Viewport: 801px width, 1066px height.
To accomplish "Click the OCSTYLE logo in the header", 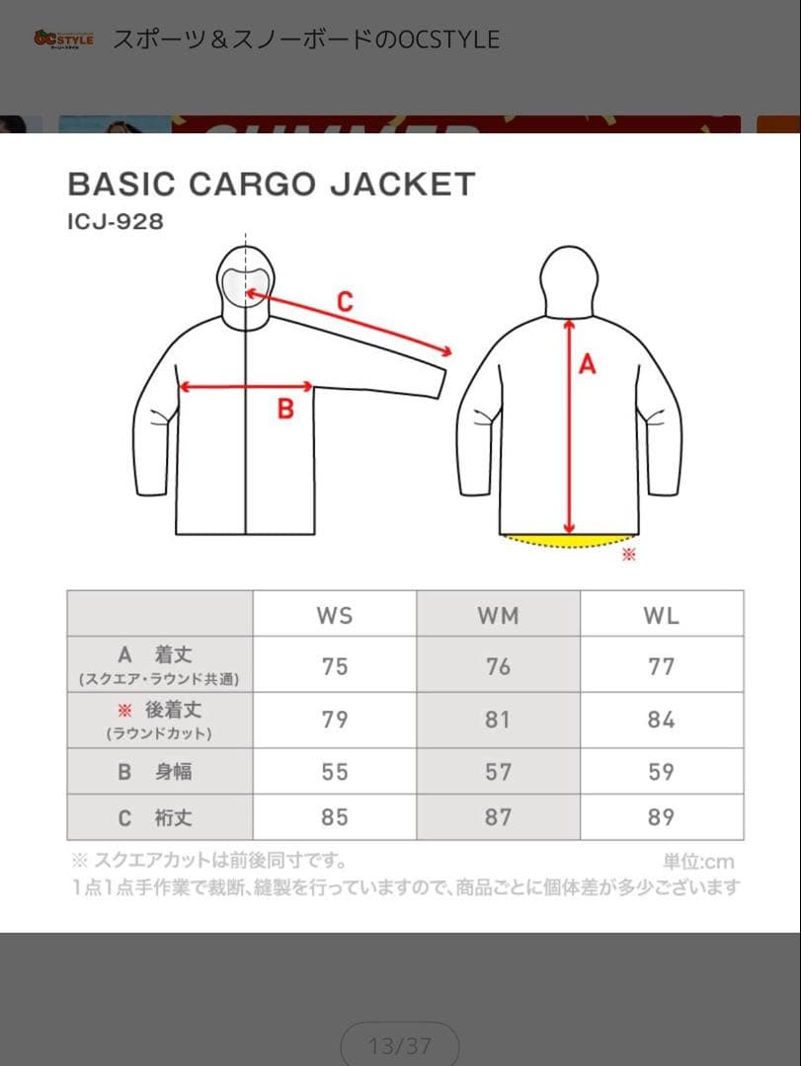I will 63,39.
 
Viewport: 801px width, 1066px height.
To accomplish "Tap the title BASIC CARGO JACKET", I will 271,184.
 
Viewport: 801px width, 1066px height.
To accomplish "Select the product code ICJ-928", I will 116,222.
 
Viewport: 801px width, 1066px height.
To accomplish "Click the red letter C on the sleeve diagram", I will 344,302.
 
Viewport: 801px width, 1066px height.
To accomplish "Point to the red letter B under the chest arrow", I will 285,409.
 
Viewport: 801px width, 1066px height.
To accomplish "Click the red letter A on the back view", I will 588,364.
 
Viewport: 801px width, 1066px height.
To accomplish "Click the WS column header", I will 335,615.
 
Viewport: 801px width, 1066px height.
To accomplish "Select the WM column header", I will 498,615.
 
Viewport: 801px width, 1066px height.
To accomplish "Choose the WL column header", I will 661,615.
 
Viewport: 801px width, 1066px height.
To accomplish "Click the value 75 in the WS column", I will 335,666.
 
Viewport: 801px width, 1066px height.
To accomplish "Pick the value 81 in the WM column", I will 498,720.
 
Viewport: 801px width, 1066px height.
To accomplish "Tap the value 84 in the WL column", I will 661,720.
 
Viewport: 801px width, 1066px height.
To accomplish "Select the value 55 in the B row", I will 335,771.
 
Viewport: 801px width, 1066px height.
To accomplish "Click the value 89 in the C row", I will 661,817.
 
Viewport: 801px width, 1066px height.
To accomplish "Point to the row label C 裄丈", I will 159,817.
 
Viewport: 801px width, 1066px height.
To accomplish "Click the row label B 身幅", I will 159,771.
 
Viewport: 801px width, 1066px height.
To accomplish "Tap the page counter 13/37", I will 399,1045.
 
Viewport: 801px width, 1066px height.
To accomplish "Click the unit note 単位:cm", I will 698,862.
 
